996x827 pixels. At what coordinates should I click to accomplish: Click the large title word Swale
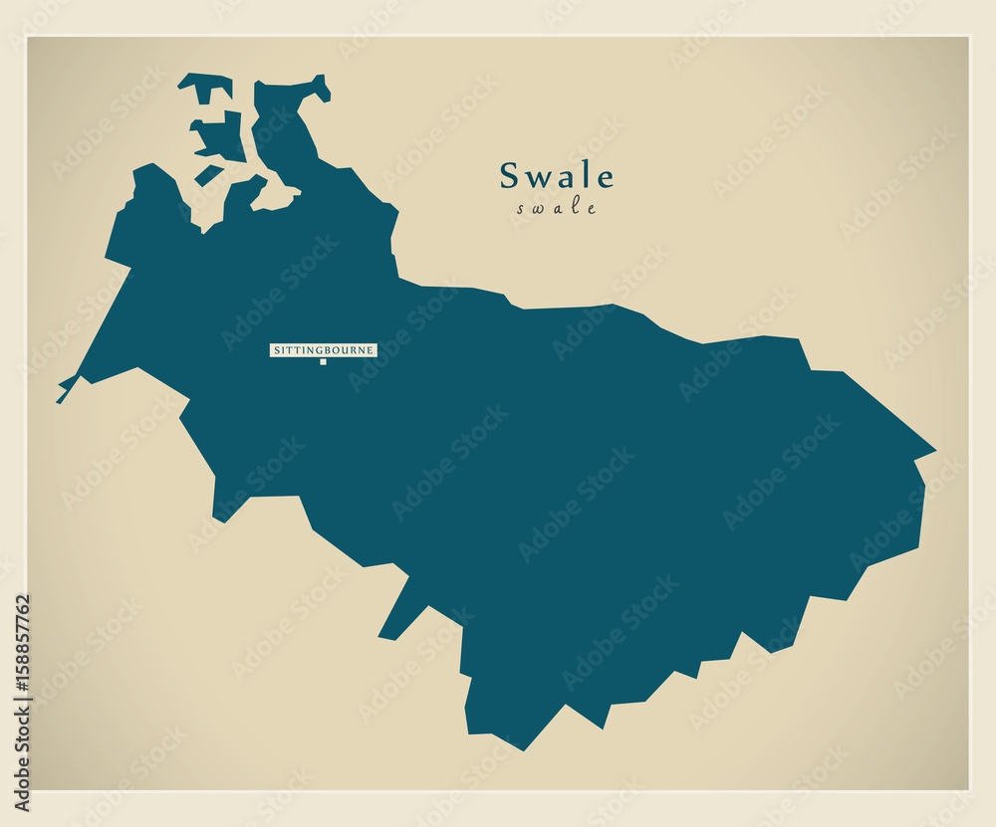(557, 176)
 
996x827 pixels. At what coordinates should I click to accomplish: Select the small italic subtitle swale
(557, 209)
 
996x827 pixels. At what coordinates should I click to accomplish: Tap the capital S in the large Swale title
(510, 176)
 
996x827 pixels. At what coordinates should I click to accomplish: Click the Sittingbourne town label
(324, 350)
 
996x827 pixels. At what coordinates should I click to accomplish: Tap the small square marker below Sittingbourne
(323, 362)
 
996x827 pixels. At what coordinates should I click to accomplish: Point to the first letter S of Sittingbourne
(276, 350)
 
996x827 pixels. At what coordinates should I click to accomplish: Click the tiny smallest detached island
(209, 175)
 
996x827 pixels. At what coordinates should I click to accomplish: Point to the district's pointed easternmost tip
(931, 453)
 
